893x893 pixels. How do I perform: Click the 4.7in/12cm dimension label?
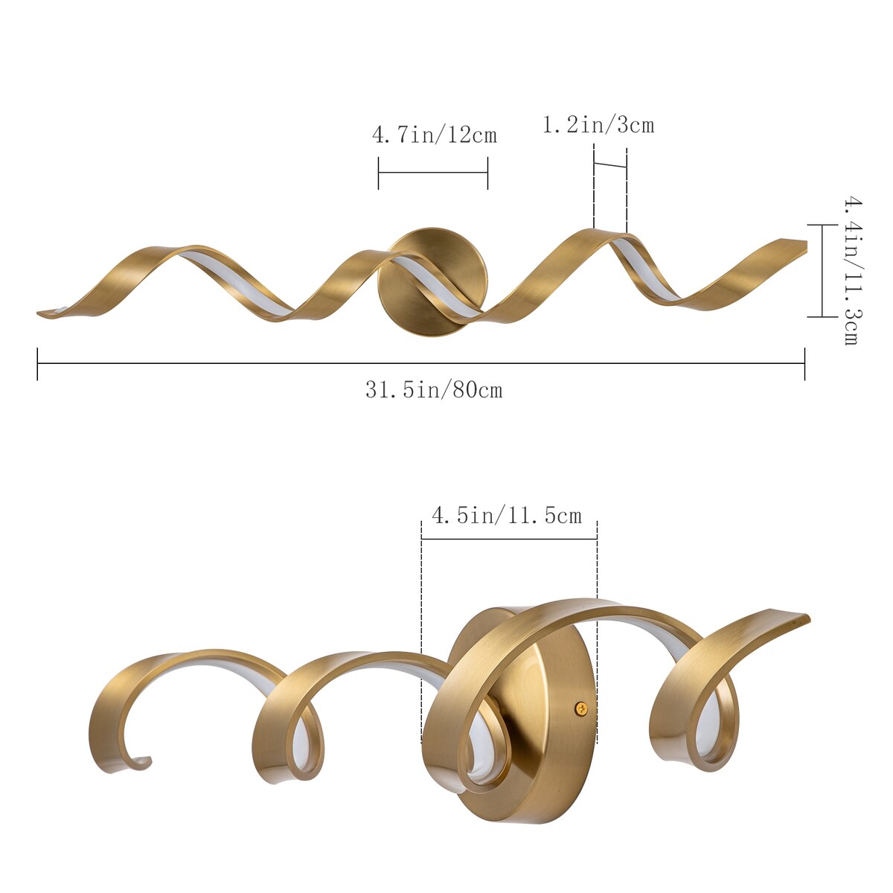434,135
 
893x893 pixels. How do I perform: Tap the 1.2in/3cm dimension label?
598,124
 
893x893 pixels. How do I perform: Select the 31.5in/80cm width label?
434,389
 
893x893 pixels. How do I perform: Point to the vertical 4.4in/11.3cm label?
851,270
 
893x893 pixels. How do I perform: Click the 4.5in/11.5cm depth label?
507,515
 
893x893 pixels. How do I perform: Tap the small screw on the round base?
581,708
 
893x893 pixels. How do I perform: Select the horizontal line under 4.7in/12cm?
432,173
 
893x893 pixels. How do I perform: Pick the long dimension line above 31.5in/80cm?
420,363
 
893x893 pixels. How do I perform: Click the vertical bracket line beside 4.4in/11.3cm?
822,270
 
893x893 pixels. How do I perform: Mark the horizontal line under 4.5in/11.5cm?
509,539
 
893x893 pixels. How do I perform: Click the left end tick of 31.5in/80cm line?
37,363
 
